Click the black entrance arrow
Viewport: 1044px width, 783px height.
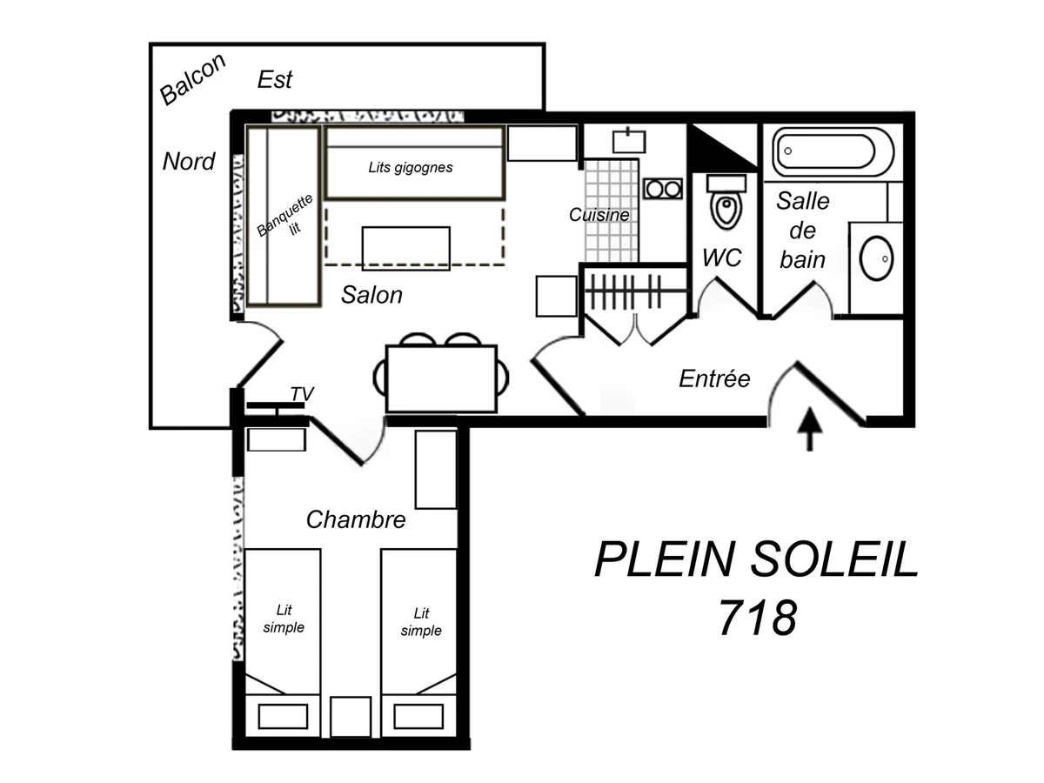[x=810, y=428]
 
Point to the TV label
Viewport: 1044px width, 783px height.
[x=301, y=394]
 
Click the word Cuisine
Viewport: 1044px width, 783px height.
[x=599, y=214]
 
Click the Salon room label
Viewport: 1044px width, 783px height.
[x=371, y=295]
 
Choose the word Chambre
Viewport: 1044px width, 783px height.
[x=356, y=520]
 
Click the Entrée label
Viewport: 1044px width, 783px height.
[x=713, y=378]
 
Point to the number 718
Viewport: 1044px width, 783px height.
[x=757, y=619]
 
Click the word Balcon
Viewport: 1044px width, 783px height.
[x=193, y=79]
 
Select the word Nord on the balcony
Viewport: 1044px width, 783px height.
[x=189, y=161]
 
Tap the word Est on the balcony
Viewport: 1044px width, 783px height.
[x=275, y=80]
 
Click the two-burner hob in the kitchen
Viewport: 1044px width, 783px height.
[x=663, y=188]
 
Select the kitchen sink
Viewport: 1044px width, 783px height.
[x=627, y=139]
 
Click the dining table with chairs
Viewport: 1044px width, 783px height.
[x=441, y=378]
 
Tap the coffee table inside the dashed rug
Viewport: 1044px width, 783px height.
[x=405, y=248]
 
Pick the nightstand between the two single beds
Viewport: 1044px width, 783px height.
[x=351, y=716]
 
